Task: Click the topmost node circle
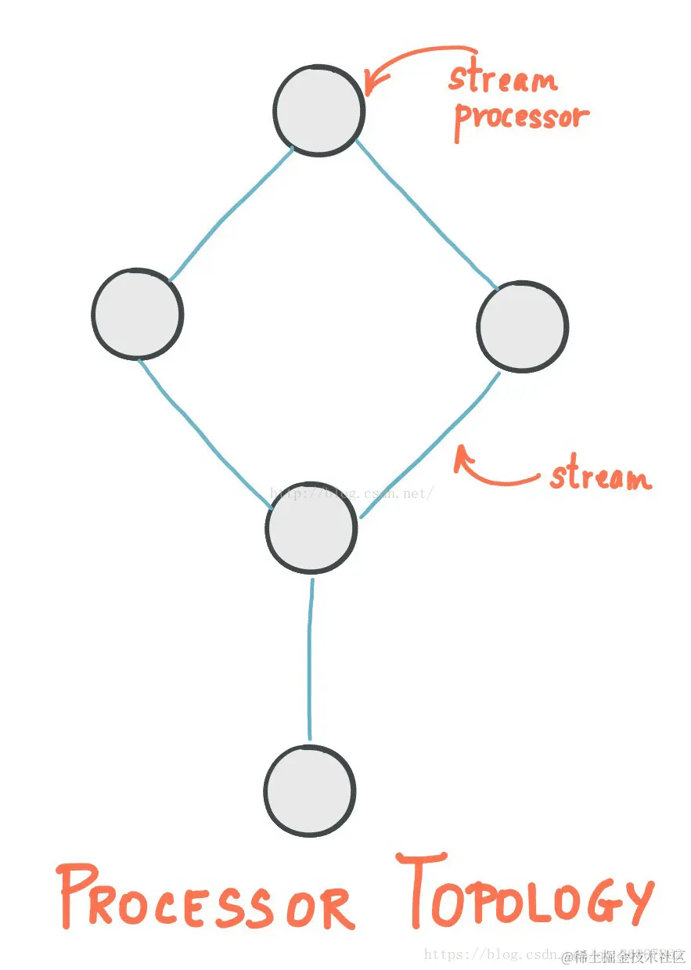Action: point(319,110)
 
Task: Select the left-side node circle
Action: point(137,313)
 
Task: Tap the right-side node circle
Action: point(522,326)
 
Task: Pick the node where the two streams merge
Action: point(311,527)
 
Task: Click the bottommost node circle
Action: point(310,790)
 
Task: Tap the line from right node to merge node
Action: point(430,446)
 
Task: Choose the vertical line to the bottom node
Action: point(311,658)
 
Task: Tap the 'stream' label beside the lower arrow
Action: point(600,477)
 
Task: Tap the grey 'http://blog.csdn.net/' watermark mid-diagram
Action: point(351,493)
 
